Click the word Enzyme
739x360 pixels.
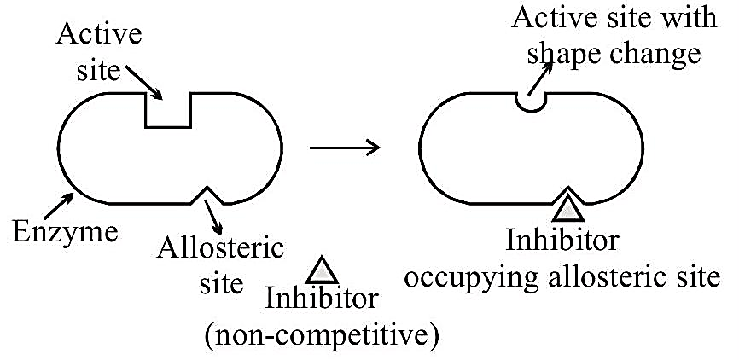point(65,232)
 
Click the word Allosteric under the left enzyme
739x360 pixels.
point(220,249)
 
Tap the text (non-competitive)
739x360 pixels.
point(322,335)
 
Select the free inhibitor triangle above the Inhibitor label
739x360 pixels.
point(322,270)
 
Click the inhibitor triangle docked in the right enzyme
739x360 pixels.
point(568,207)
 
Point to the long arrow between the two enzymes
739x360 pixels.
point(345,148)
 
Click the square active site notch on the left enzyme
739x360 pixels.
point(168,110)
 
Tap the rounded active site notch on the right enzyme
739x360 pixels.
point(531,102)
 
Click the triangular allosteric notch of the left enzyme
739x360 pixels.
point(207,195)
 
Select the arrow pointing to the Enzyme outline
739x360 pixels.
point(58,206)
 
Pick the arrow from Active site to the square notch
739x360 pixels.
point(143,83)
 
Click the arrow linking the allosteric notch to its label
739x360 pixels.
point(212,218)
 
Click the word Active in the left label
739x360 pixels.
point(99,35)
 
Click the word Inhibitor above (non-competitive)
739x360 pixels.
point(322,299)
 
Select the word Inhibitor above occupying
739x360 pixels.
point(562,241)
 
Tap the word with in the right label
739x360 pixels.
point(690,17)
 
